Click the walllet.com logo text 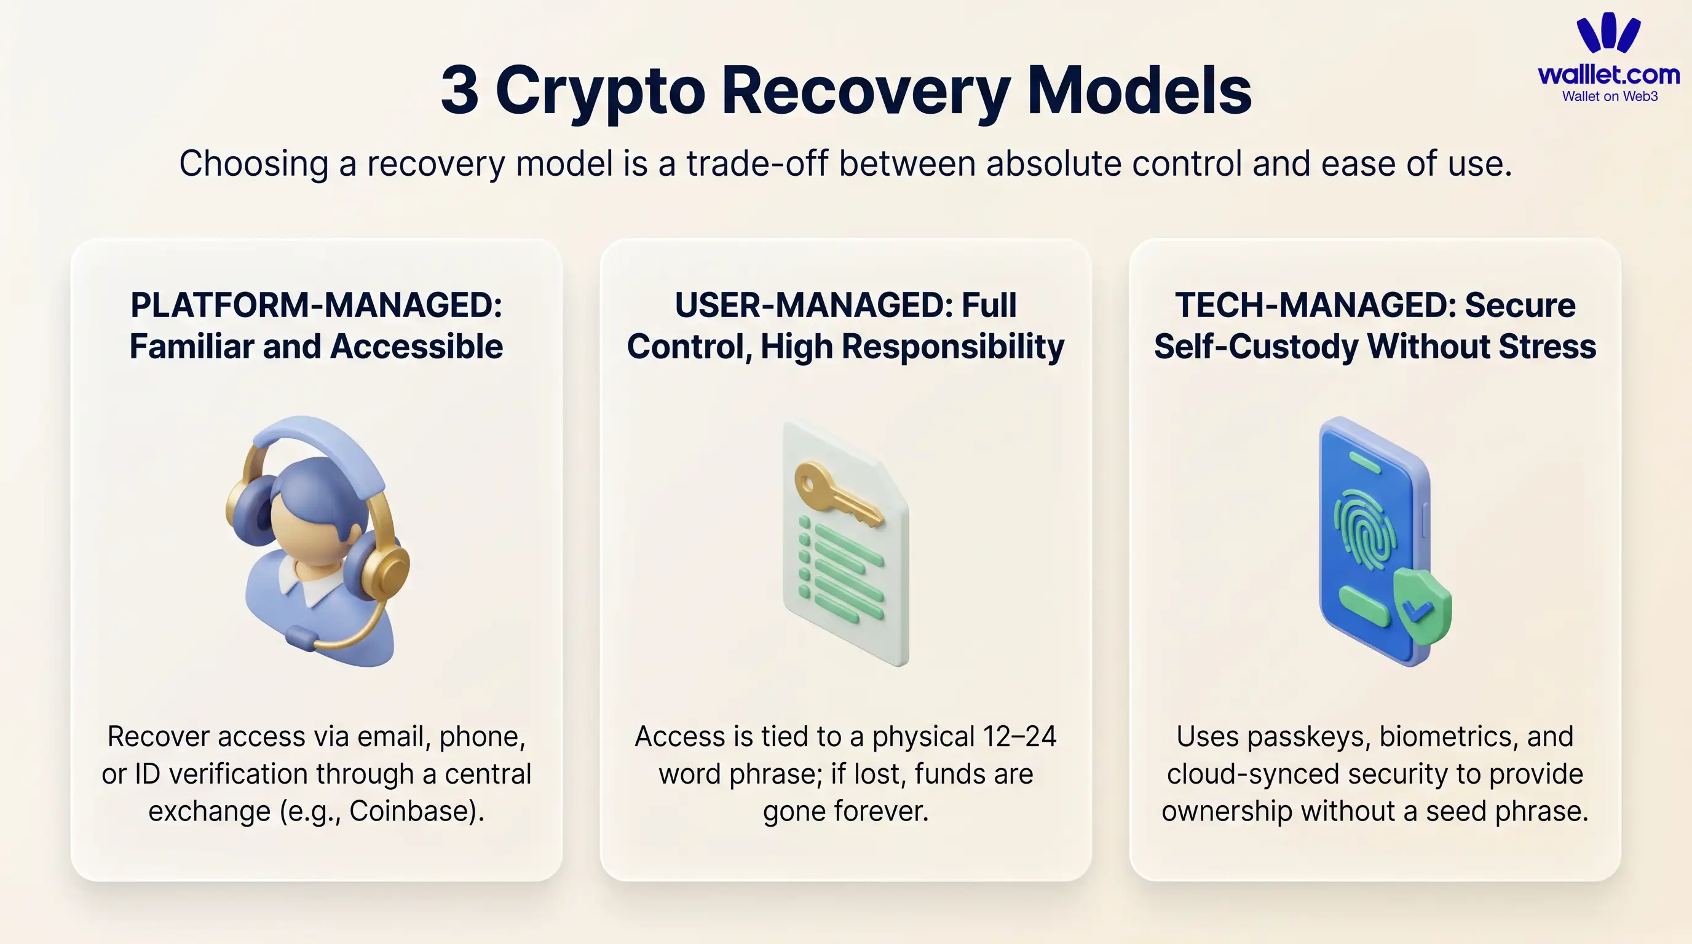click(1608, 75)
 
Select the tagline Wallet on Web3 click(1609, 96)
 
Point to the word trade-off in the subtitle click(757, 163)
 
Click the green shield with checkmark click(1421, 607)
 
